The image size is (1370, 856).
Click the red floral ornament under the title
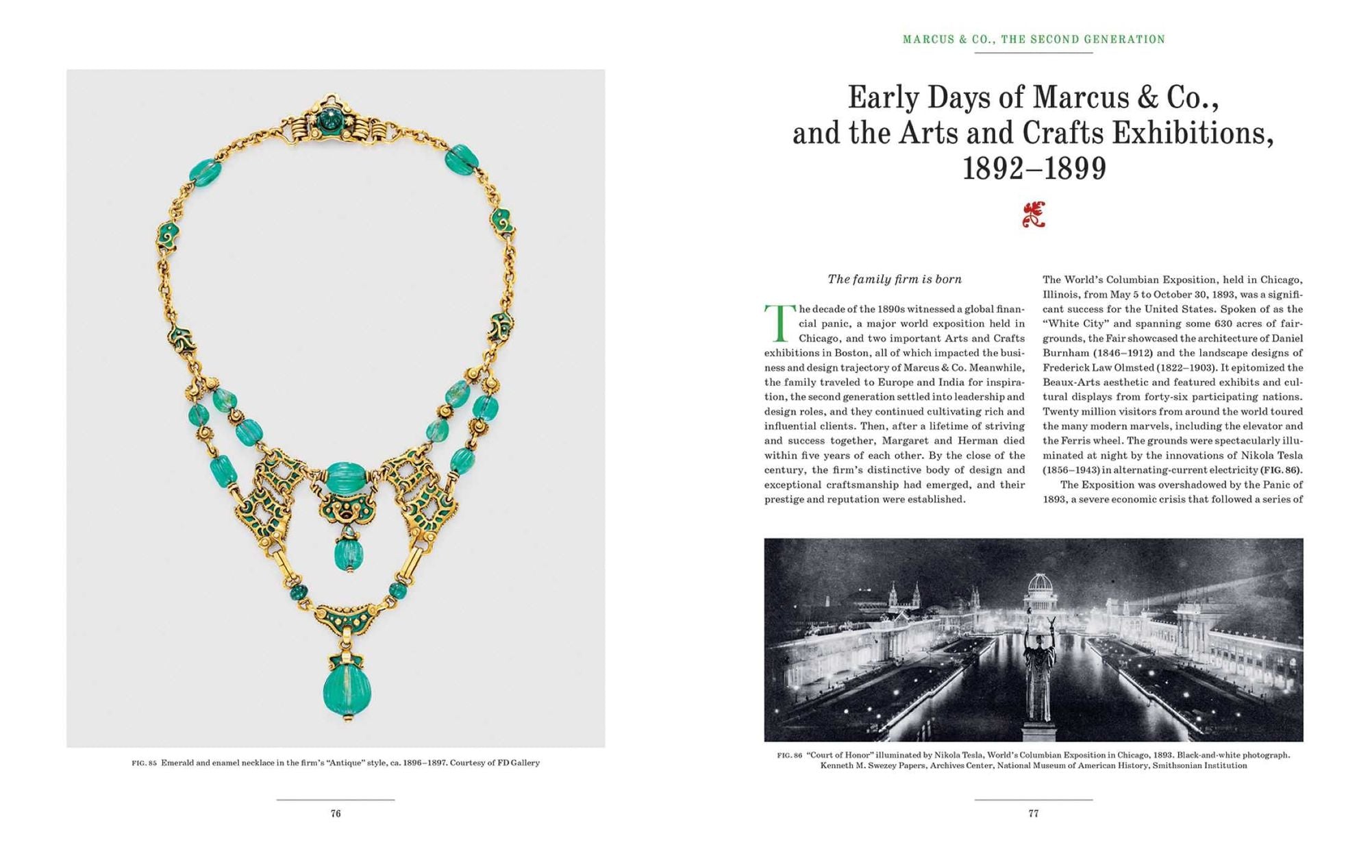(x=1034, y=215)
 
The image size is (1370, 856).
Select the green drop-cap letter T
(x=779, y=323)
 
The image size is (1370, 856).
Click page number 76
(x=336, y=814)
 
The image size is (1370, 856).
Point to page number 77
(x=1034, y=814)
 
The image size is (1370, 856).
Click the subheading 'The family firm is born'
(x=894, y=279)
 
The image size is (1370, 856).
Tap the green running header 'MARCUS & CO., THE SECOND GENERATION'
(x=1034, y=40)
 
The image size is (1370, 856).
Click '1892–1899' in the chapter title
(x=1034, y=169)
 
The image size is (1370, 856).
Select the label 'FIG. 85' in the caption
(x=144, y=763)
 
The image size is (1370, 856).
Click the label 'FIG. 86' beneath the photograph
(x=789, y=755)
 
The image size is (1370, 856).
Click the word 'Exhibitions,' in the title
(x=1193, y=133)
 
